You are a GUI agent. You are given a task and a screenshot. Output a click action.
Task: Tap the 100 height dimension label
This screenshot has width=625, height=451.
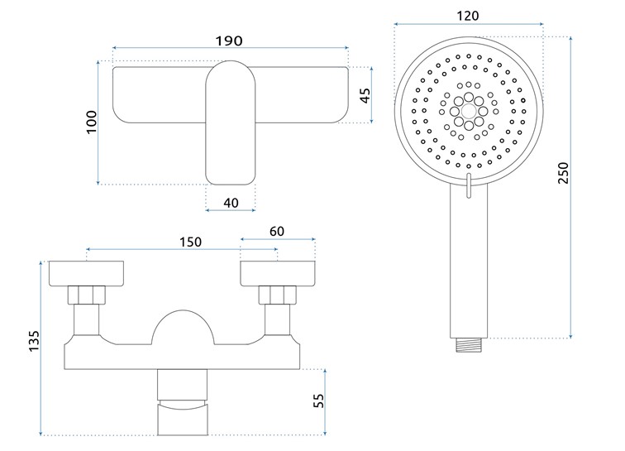pos(92,122)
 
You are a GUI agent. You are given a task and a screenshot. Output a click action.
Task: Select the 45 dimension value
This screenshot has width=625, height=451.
pos(365,95)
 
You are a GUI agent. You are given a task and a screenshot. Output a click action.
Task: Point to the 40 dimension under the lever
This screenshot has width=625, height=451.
pos(231,202)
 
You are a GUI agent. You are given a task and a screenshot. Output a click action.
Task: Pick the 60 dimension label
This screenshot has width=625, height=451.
pos(278,232)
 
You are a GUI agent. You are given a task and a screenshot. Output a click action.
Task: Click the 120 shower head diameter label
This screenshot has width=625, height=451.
pos(470,17)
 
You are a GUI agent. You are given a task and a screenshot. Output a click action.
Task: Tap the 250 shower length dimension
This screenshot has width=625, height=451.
pos(563,172)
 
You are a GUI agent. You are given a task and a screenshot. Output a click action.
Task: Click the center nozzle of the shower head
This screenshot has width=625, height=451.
pos(469,109)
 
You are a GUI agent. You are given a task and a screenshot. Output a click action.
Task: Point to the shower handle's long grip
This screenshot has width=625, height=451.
pos(469,265)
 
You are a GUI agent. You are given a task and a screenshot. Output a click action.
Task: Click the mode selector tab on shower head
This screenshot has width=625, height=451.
pos(469,187)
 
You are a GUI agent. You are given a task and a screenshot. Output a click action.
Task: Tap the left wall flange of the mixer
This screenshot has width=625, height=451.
pos(87,273)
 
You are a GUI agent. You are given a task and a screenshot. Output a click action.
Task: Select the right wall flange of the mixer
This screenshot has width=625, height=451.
pos(277,273)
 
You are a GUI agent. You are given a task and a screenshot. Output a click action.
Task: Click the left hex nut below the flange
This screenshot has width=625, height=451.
pos(87,295)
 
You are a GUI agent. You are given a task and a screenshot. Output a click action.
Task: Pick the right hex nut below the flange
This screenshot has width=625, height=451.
pos(277,295)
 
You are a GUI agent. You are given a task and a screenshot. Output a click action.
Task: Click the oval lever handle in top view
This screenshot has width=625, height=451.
pos(231,124)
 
